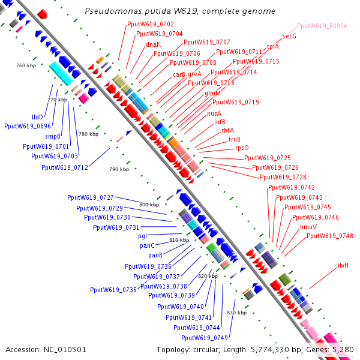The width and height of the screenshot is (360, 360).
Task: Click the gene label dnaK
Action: click(154, 44)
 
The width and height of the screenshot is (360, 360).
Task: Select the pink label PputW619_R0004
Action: click(322, 26)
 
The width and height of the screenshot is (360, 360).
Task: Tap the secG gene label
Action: click(290, 36)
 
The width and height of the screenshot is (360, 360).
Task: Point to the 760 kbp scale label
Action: click(26, 65)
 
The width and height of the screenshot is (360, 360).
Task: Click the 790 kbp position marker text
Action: click(119, 169)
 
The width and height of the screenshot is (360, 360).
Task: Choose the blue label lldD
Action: click(37, 117)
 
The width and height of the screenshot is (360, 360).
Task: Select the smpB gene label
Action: click(53, 136)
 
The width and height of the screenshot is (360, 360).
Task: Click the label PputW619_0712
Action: click(65, 167)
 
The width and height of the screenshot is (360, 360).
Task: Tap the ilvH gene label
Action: click(343, 265)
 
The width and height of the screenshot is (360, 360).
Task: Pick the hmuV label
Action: click(308, 227)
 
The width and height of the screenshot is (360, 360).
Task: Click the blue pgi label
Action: click(142, 236)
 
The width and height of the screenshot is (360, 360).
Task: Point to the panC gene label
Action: click(147, 245)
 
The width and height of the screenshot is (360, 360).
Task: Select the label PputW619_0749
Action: click(205, 338)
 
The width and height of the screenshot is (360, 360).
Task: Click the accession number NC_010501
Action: click(65, 350)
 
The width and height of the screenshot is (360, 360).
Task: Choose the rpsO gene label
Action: click(242, 148)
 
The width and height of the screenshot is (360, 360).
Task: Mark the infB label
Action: click(220, 122)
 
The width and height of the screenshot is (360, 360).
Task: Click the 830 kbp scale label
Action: click(237, 313)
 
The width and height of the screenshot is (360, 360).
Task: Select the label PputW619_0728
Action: click(283, 177)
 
